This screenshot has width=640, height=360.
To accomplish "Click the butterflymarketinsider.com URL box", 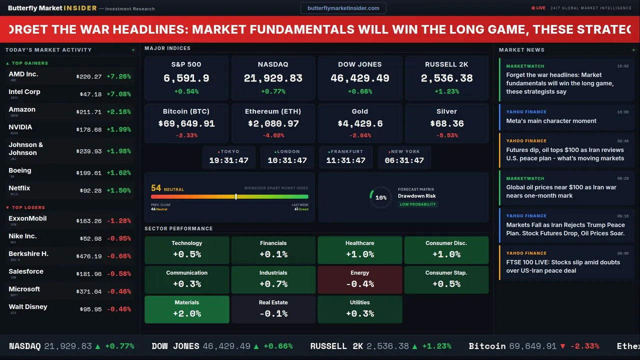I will (x=343, y=8).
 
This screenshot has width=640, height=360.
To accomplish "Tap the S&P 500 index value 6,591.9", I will (x=186, y=78).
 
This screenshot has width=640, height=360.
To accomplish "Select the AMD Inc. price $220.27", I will (x=89, y=77).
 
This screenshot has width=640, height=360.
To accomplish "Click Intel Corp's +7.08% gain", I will (x=119, y=94).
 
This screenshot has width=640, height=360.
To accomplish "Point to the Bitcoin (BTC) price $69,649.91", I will (x=186, y=123).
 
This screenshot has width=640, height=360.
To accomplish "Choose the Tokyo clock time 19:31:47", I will (x=228, y=160).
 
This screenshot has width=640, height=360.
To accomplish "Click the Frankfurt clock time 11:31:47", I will (x=345, y=160).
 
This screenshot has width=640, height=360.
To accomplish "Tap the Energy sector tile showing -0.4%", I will (x=360, y=279).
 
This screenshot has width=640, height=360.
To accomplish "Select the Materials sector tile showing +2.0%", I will (x=187, y=309).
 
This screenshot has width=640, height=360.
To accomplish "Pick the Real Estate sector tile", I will (x=273, y=309).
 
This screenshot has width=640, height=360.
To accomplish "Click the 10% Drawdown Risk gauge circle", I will (x=380, y=197).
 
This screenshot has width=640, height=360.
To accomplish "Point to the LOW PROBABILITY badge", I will (x=418, y=204).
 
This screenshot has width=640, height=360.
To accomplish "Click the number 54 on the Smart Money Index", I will (x=156, y=188).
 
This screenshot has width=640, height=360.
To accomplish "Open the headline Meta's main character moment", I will (x=551, y=121).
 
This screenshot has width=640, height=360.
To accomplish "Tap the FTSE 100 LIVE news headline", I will (x=563, y=266).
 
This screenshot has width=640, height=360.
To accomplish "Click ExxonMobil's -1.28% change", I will (x=119, y=221).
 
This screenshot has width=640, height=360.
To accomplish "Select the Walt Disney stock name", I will (x=28, y=307).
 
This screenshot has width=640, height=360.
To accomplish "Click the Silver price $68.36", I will (x=447, y=123).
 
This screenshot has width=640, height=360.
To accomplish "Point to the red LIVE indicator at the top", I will (x=538, y=8).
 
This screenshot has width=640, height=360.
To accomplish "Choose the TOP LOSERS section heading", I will (x=28, y=207).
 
